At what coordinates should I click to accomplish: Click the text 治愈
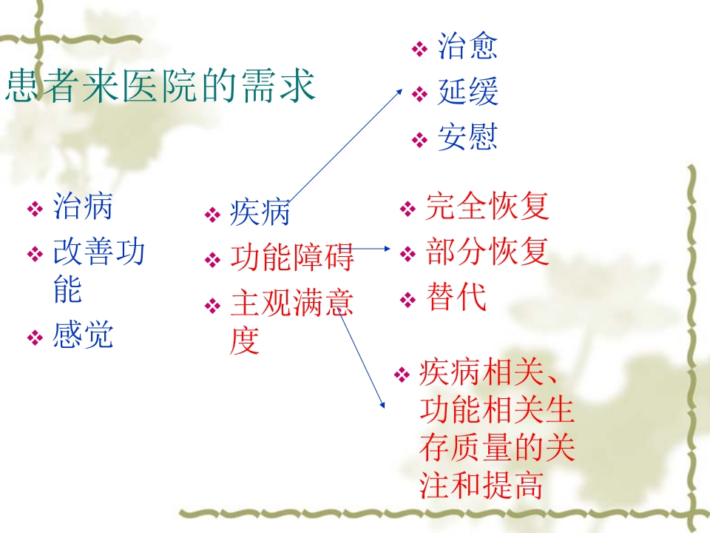click(x=467, y=47)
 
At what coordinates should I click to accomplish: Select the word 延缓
click(x=467, y=93)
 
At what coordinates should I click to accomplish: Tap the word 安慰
click(x=467, y=138)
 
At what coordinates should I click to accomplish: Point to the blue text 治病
click(x=83, y=206)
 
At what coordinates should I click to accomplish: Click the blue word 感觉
click(x=83, y=336)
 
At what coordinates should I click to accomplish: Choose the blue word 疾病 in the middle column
click(x=260, y=213)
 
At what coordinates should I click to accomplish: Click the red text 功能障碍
click(x=291, y=258)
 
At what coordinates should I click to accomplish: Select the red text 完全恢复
click(x=487, y=207)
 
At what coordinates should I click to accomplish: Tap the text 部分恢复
click(x=487, y=252)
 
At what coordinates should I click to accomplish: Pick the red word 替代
click(x=456, y=298)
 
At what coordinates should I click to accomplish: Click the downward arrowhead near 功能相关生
click(x=382, y=404)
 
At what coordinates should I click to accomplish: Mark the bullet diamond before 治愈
click(x=419, y=50)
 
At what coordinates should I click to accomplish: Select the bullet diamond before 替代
click(x=408, y=301)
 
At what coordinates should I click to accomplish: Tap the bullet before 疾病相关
click(x=402, y=375)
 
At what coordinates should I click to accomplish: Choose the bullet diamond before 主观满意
click(x=212, y=306)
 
